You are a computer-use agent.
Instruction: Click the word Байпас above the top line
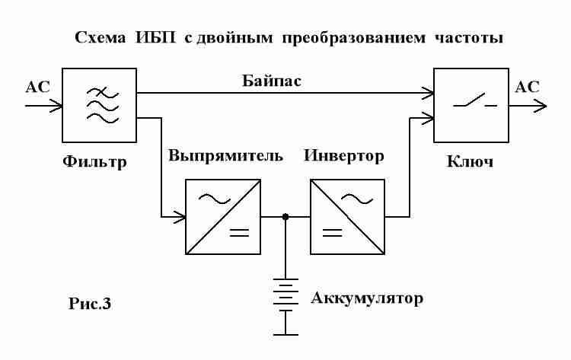click(272, 81)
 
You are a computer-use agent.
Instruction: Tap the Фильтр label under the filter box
click(94, 161)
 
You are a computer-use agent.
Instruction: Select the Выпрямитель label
click(225, 156)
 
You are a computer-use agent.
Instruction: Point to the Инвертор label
click(344, 156)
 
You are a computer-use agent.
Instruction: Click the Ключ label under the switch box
click(470, 161)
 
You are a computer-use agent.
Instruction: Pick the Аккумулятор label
click(367, 298)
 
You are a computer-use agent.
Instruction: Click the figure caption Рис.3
click(90, 303)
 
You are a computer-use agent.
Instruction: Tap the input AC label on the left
click(37, 87)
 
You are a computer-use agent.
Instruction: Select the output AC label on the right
click(527, 87)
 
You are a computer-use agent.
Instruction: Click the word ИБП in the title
click(155, 37)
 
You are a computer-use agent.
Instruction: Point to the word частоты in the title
click(469, 38)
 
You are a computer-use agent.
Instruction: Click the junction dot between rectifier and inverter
click(285, 217)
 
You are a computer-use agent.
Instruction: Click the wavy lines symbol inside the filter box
click(102, 106)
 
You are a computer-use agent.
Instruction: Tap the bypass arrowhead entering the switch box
click(428, 93)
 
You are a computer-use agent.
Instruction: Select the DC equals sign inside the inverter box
click(332, 233)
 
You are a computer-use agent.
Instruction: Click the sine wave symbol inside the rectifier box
click(215, 199)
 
